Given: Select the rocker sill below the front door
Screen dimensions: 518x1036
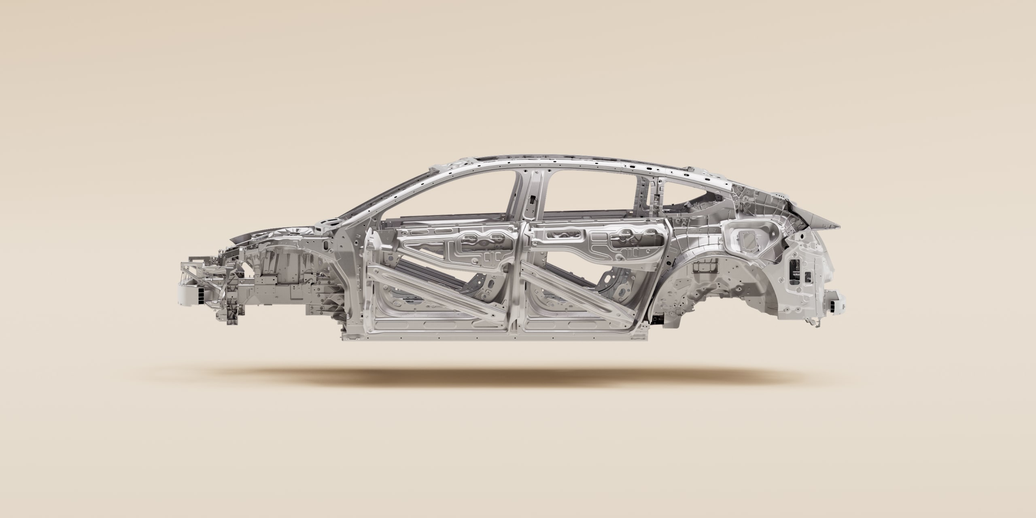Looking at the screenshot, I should [429, 336].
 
